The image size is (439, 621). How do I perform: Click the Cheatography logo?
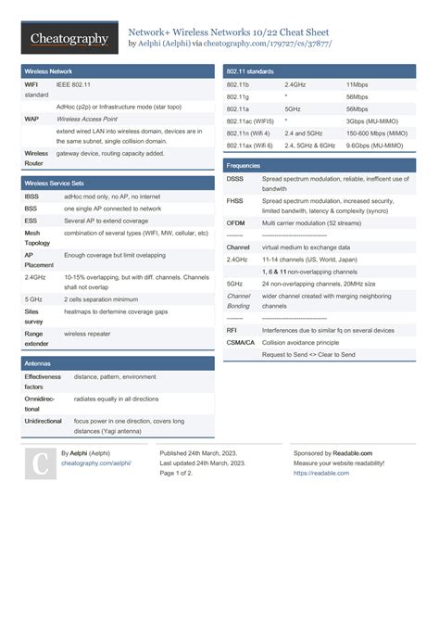69,38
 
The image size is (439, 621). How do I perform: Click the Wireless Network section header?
49,70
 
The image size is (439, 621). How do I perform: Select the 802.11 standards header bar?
249,70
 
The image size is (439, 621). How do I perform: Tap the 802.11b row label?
238,84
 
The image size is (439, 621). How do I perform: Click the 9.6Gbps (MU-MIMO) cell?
375,146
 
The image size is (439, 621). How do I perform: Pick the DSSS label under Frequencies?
235,179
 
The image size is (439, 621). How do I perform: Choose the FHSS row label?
235,201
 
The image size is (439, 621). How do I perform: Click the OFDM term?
236,223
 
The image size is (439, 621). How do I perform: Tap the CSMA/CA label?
241,343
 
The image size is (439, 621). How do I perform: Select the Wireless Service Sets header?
54,184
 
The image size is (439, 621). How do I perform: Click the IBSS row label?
32,197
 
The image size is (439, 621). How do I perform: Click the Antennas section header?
38,364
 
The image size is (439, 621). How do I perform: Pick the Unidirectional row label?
44,421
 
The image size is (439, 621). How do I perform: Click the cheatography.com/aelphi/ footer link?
95,463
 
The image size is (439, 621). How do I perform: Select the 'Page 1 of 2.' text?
177,473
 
